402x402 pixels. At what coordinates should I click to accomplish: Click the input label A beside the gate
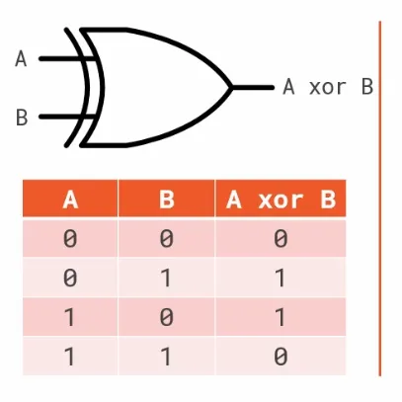coord(21,59)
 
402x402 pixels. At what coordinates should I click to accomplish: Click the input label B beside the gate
coord(22,118)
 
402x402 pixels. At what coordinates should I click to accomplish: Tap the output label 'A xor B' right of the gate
coord(328,87)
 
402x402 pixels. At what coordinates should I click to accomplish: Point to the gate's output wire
coord(253,87)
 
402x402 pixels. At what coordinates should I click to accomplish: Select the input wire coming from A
coord(67,59)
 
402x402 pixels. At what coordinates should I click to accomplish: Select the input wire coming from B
coord(67,117)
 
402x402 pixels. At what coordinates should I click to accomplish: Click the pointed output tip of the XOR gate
coord(232,87)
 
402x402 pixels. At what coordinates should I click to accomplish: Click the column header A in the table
coord(70,200)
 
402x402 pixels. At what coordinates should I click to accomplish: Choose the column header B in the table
coord(167,200)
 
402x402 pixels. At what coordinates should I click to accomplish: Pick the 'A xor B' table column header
coord(281,200)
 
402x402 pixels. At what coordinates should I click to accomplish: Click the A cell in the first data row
coord(70,238)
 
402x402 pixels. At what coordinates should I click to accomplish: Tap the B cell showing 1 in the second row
coord(166,278)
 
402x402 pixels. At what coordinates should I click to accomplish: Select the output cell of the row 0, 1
coord(281,278)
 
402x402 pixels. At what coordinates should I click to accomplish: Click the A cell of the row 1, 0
coord(70,317)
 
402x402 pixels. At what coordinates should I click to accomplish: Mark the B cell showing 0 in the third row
coord(166,317)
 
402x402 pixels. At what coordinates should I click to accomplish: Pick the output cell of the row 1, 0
coord(281,317)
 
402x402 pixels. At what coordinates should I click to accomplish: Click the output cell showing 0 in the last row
coord(281,357)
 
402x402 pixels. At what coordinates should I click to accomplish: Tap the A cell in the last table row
coord(70,357)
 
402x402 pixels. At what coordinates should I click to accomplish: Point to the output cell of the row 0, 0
coord(281,238)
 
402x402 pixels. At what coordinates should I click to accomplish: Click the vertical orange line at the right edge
coord(380,199)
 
